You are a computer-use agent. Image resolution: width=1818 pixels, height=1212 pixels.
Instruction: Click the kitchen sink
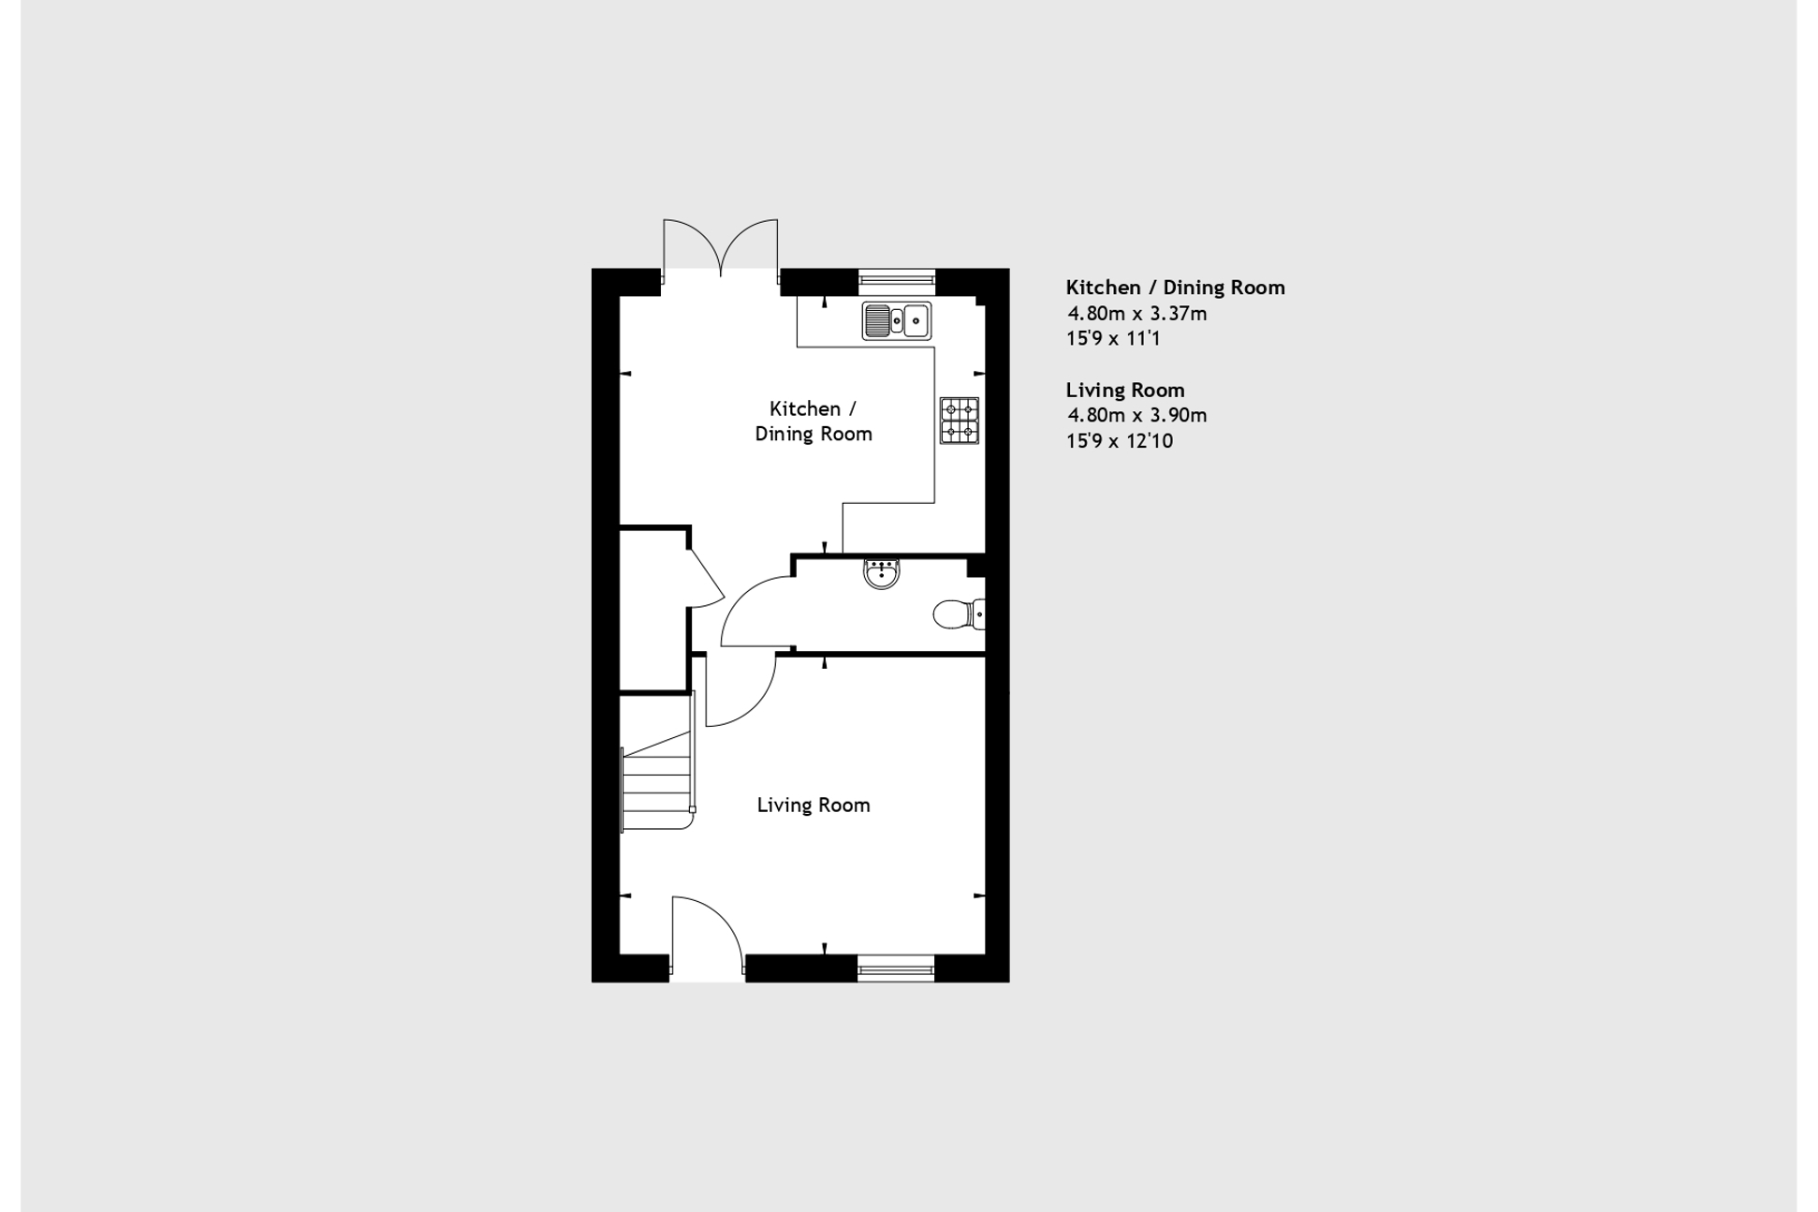(896, 320)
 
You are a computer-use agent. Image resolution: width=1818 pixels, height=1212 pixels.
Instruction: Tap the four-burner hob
(960, 421)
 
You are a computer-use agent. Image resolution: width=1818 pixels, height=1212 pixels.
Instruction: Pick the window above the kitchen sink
(896, 277)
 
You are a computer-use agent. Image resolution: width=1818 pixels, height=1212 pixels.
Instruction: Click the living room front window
(895, 968)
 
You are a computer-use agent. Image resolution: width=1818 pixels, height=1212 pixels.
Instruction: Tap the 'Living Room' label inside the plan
(814, 806)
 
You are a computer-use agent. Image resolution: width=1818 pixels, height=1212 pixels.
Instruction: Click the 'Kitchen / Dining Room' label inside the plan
(814, 421)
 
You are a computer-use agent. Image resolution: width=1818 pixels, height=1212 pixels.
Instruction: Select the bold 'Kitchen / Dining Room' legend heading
(1175, 288)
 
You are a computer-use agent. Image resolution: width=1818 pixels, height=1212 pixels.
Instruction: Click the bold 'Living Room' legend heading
(1125, 390)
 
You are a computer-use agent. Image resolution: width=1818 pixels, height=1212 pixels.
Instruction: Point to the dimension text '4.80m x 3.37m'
(1137, 314)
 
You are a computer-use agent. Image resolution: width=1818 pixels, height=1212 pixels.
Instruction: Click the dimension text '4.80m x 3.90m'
(1137, 415)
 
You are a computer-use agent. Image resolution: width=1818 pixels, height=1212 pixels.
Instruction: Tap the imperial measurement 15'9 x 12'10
(1120, 441)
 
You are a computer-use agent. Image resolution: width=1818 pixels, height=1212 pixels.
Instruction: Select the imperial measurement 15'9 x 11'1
(1114, 338)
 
